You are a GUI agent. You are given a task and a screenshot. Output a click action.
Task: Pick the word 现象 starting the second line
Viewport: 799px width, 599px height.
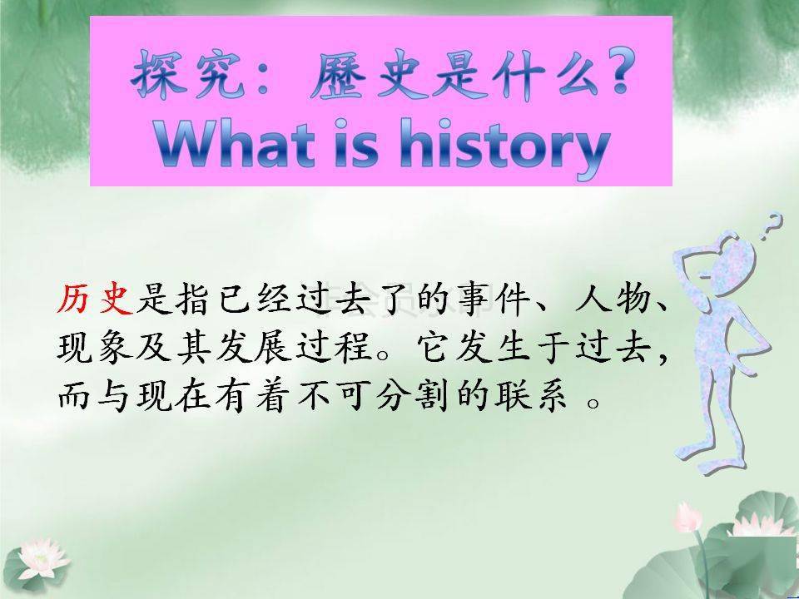(x=96, y=349)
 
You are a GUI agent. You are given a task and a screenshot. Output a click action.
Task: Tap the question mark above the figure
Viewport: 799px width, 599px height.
(x=773, y=222)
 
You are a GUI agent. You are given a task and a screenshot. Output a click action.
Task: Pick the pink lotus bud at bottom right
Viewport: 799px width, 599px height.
(x=687, y=517)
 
